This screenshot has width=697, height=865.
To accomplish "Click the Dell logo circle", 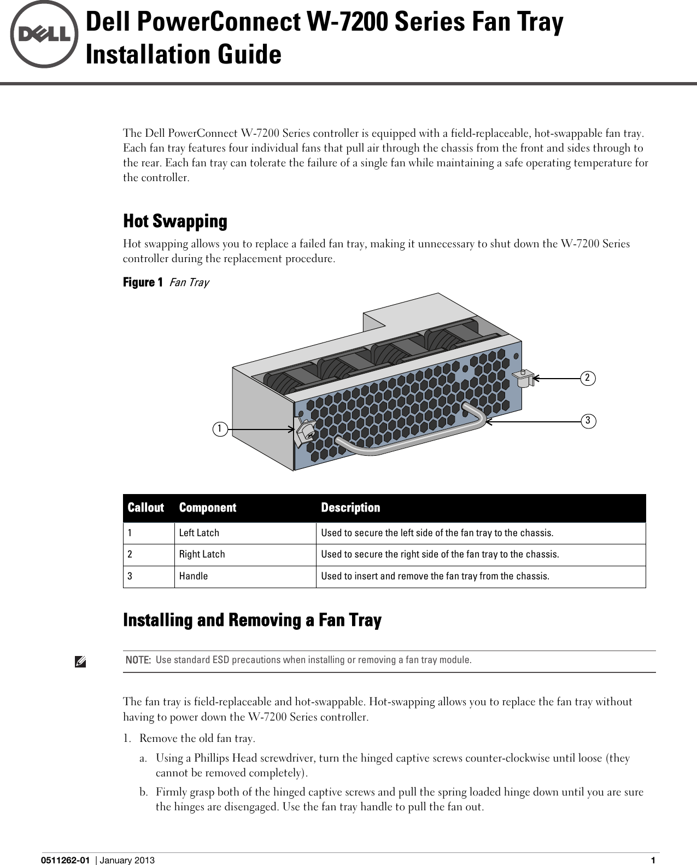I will (44, 34).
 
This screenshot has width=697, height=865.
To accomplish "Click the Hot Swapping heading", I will (175, 221).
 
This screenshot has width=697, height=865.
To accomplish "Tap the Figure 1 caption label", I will (143, 282).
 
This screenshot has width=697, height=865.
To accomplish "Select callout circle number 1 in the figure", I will (220, 429).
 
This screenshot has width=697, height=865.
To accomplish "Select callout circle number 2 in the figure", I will (588, 378).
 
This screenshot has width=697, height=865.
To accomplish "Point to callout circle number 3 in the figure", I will (588, 421).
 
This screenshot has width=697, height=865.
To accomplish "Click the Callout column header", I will (145, 508).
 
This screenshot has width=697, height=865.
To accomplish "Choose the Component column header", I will (208, 508).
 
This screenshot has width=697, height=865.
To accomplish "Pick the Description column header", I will (350, 508).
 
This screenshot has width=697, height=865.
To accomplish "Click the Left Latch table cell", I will (199, 533).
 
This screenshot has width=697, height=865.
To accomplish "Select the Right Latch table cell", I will (202, 554).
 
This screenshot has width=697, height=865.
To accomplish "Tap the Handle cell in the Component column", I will (194, 576).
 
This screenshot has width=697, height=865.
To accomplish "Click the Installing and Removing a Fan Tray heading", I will (252, 620).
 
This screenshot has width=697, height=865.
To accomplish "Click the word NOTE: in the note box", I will (138, 660).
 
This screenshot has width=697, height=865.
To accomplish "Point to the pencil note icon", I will (80, 663).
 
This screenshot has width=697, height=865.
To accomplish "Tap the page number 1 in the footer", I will (653, 860).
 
